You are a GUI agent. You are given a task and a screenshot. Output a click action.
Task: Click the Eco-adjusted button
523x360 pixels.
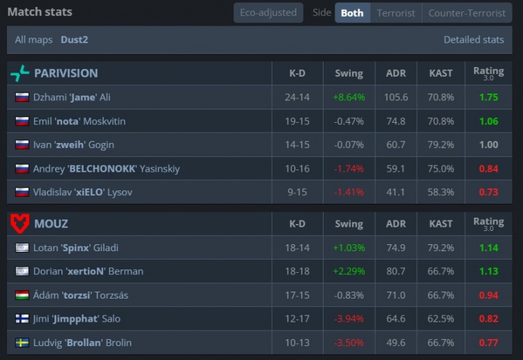[x=268, y=13]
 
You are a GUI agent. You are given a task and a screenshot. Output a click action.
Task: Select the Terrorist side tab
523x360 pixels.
[x=395, y=13]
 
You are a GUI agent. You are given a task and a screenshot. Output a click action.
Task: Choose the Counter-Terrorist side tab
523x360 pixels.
[x=467, y=13]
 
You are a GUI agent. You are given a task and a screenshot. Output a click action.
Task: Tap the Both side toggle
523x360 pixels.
[x=352, y=13]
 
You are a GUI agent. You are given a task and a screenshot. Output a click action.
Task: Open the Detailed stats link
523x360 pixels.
[x=473, y=40]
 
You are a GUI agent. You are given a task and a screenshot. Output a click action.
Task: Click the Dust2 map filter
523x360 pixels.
[x=74, y=40]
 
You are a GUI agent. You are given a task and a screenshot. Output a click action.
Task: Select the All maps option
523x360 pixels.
[x=33, y=40]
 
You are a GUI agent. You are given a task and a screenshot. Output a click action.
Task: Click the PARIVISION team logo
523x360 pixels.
[x=20, y=73]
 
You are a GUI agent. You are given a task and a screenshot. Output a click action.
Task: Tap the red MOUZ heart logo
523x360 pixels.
[x=20, y=224]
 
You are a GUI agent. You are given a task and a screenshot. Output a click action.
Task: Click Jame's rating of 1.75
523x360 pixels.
[x=488, y=98]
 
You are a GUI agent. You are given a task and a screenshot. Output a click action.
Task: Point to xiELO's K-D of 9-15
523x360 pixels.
[x=297, y=192]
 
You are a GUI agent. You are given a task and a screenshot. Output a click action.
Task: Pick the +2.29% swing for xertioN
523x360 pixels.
[x=349, y=271]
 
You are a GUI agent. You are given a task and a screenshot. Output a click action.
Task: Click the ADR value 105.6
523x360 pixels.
[x=395, y=98]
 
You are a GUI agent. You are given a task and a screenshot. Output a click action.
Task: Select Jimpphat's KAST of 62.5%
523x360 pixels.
[x=441, y=319]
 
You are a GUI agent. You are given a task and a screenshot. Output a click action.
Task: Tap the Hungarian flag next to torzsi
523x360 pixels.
[x=22, y=295]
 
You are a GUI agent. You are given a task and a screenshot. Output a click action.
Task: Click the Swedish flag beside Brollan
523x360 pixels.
[x=22, y=343]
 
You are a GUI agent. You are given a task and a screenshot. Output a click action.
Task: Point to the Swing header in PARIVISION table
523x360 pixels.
[x=349, y=73]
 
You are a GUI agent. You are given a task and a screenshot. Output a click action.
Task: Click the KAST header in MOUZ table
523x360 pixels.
[x=441, y=224]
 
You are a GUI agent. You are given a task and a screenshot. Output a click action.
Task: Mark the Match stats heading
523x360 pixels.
[x=40, y=12]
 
